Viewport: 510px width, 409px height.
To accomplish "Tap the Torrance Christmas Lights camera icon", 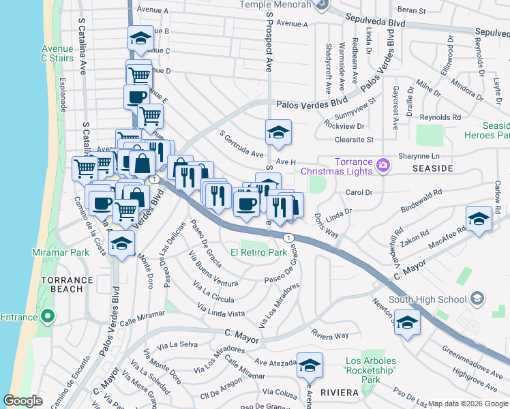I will [x=383, y=164].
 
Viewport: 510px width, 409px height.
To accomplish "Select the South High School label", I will [x=426, y=299].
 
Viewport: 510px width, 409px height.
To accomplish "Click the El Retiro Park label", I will [x=258, y=252].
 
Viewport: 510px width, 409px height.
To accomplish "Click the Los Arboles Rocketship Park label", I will [x=371, y=365].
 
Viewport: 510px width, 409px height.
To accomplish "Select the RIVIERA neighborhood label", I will [x=340, y=393].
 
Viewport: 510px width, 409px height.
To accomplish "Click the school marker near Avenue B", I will [x=140, y=38].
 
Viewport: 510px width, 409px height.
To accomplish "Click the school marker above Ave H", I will [x=277, y=132].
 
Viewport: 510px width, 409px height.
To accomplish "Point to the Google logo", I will [x=22, y=401].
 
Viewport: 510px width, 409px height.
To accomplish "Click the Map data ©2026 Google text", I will [x=468, y=404].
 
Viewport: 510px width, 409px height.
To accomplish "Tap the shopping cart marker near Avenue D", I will [x=138, y=73].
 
